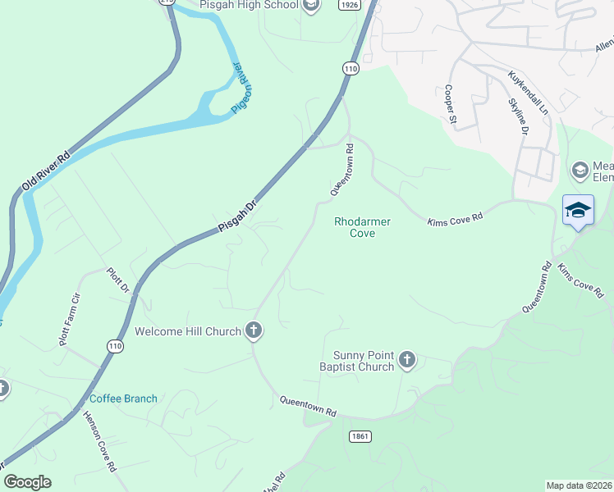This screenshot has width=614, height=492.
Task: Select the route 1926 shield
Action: [x=349, y=5]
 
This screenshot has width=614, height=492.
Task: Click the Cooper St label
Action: [x=450, y=104]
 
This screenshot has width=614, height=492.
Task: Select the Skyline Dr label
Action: [x=519, y=116]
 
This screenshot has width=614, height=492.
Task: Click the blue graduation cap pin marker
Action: [x=578, y=211]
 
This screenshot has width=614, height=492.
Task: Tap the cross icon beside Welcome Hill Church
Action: [x=254, y=330]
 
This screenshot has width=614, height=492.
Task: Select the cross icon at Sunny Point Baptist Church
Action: [x=406, y=359]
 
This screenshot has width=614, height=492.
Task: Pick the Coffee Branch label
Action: [x=123, y=399]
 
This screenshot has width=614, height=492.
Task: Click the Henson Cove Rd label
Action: [x=99, y=441]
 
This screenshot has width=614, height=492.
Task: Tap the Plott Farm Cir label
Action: [x=70, y=318]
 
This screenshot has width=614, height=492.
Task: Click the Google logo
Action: [x=27, y=482]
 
